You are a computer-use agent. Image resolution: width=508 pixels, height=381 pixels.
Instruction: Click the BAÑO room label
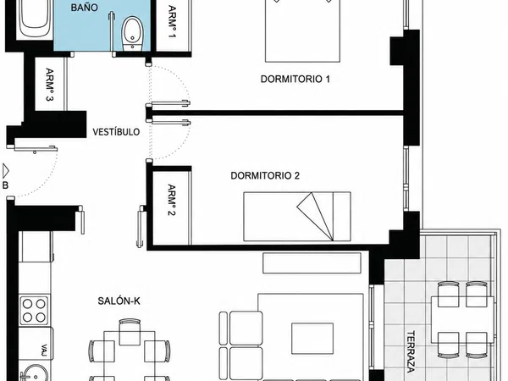pos(84,8)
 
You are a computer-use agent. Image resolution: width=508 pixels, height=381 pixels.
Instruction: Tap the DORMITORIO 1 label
pos(295,79)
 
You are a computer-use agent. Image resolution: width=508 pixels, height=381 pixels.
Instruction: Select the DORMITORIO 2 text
pos(265,175)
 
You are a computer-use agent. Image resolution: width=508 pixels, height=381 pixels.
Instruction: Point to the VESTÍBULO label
pos(116,132)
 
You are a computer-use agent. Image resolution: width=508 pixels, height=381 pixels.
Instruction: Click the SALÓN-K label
pos(119,301)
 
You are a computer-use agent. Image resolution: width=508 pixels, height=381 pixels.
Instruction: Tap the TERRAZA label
pos(411,351)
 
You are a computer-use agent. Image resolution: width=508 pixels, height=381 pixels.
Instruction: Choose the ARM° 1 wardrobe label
pos(173,22)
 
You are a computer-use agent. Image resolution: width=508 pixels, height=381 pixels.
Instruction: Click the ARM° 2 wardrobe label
pos(172,200)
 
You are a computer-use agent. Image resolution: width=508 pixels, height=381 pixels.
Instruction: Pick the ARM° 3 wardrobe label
pos(50,85)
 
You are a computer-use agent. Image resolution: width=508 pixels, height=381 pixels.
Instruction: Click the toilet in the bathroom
pos(132,34)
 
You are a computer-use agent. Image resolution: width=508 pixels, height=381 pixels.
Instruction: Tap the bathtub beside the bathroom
pos(35,19)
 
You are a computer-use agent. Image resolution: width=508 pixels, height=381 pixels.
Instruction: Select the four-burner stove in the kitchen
pos(34,310)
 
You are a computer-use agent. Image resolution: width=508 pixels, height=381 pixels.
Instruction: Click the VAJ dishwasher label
pos(44,350)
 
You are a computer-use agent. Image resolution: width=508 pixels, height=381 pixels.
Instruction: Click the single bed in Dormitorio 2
pos(297,217)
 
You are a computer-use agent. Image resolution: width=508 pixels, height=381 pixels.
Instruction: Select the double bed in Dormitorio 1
pos(302,30)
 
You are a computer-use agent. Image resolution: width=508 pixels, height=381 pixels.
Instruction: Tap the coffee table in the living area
pos(312,338)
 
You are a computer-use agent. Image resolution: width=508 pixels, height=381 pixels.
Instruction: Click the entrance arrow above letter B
pos(5,171)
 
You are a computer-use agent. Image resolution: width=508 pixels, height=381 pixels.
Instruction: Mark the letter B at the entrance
pos(5,185)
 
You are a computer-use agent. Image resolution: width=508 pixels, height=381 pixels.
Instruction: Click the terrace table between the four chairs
pos(462,319)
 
